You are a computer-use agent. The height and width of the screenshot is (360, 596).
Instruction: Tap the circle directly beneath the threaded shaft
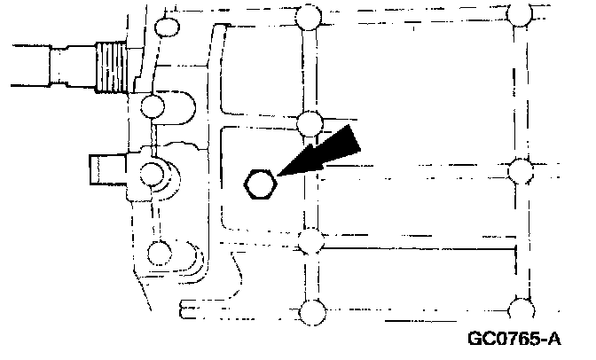click(153, 108)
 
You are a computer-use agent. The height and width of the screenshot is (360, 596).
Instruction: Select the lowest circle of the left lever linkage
click(160, 253)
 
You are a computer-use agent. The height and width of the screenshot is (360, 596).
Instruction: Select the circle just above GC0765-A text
click(521, 308)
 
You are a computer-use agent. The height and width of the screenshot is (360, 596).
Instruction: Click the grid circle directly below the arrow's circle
click(310, 240)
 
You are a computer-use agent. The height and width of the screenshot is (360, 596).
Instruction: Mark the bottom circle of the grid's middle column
click(312, 311)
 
